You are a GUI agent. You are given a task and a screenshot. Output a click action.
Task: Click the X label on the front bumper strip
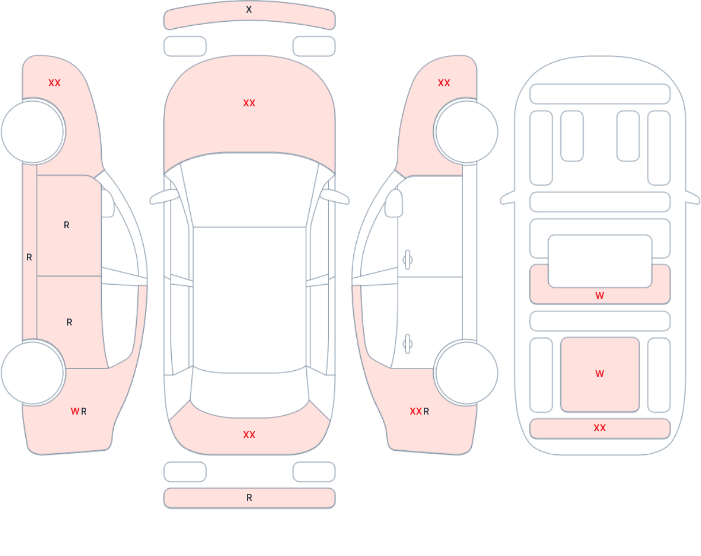click(x=249, y=9)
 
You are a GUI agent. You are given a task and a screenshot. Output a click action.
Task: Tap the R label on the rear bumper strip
click(x=249, y=498)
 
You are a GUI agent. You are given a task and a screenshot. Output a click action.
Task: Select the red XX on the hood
click(x=249, y=103)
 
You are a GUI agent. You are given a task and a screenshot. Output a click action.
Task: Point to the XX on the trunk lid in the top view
click(x=249, y=435)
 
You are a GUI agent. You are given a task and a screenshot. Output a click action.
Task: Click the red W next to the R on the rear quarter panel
click(x=75, y=411)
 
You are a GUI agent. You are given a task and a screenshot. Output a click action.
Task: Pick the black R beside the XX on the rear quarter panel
click(x=426, y=411)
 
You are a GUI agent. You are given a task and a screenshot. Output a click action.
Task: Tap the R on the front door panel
click(x=67, y=225)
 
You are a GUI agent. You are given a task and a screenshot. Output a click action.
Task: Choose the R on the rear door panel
click(x=70, y=323)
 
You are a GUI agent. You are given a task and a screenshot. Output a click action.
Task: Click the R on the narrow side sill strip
click(x=29, y=258)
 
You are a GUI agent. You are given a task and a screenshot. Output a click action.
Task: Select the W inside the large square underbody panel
click(x=600, y=374)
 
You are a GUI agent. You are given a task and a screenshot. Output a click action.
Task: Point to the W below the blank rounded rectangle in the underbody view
click(x=600, y=296)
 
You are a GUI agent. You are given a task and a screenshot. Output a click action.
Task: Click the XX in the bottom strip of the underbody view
click(x=600, y=428)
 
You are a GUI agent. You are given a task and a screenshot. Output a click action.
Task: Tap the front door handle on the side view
click(x=407, y=260)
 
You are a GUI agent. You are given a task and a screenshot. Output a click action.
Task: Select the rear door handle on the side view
click(x=407, y=344)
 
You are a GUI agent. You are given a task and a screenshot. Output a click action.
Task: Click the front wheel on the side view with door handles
click(x=467, y=132)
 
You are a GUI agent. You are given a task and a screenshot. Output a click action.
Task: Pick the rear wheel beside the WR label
click(x=32, y=373)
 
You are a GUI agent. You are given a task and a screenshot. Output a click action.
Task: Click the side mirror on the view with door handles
click(x=394, y=204)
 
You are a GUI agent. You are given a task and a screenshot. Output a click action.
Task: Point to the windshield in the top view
click(x=249, y=190)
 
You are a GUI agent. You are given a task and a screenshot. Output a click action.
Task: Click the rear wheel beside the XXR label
click(x=467, y=373)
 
